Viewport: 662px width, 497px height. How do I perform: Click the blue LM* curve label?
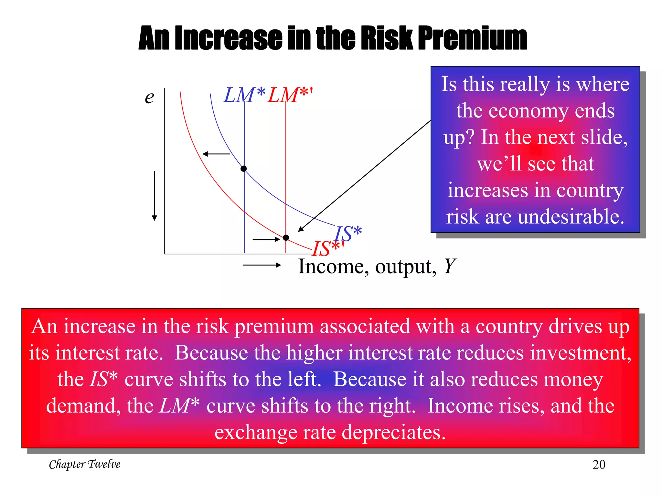(244, 95)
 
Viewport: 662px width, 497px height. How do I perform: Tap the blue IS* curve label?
(348, 233)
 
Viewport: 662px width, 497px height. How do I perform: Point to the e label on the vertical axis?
(149, 97)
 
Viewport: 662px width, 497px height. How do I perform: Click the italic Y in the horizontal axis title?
(449, 266)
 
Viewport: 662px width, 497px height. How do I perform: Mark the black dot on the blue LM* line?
(244, 169)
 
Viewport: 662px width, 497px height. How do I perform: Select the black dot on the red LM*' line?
(286, 238)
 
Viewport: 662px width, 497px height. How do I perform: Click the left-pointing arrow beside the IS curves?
(216, 154)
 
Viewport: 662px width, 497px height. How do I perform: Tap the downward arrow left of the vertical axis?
(155, 196)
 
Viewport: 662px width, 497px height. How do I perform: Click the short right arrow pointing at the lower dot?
(266, 239)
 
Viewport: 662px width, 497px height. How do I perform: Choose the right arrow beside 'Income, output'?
(262, 265)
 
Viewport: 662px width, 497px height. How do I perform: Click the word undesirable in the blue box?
(571, 217)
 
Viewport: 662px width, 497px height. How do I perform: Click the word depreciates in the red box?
(394, 432)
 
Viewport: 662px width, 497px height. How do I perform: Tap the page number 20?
(599, 465)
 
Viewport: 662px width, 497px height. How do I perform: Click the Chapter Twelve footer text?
(85, 464)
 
